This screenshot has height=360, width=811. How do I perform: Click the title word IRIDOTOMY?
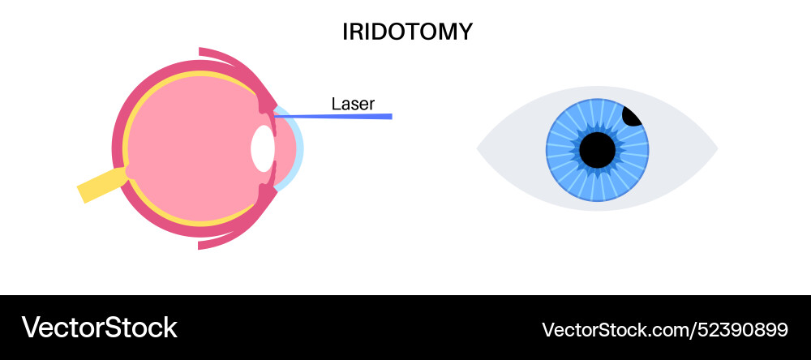(407, 32)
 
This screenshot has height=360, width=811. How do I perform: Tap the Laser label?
(353, 104)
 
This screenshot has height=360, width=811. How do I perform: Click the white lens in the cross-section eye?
(262, 148)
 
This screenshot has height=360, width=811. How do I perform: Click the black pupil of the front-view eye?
(598, 149)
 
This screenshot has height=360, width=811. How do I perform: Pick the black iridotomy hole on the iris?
(633, 115)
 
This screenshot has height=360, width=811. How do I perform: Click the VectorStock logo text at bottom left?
(99, 328)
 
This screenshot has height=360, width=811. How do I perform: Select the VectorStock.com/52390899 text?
(664, 329)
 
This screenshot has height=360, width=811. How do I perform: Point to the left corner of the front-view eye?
(479, 149)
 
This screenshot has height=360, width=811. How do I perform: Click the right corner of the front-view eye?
(716, 149)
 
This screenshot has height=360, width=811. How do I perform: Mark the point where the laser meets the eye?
(275, 116)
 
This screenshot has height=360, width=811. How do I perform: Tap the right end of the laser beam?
(390, 116)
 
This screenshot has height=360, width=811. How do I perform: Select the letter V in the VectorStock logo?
(31, 328)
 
